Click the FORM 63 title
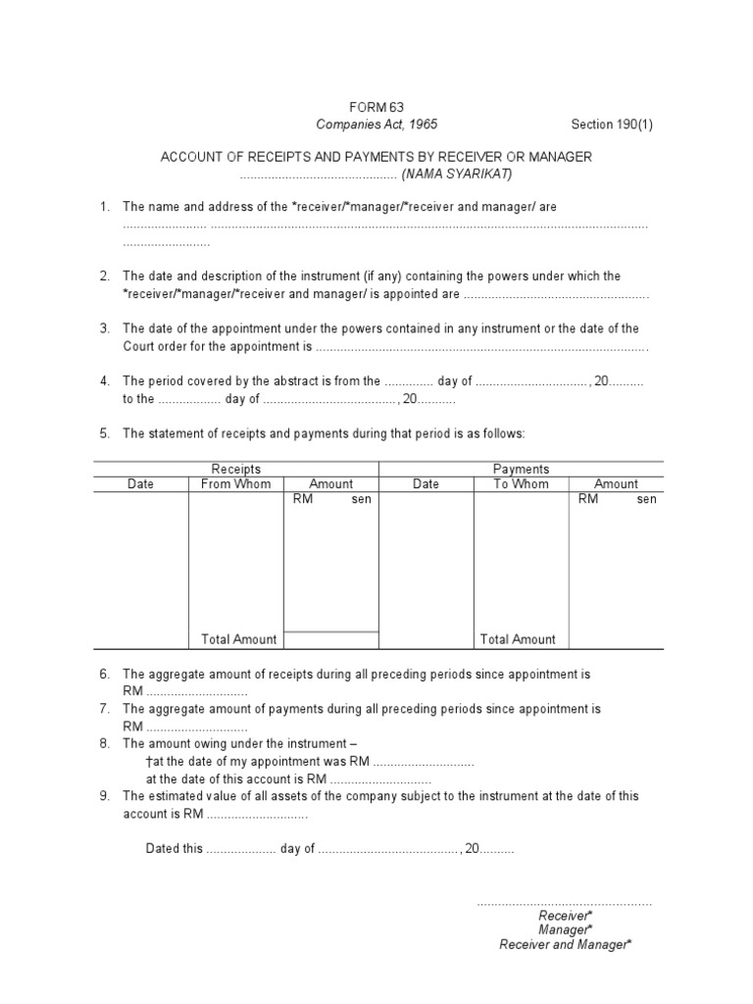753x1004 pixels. (376, 107)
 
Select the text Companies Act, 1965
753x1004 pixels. (376, 125)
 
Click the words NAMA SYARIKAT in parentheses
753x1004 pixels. (456, 174)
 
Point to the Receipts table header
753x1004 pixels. (236, 469)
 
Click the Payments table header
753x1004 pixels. (521, 469)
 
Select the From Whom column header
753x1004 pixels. (236, 483)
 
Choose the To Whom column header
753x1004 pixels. (521, 483)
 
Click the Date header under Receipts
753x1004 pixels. (140, 483)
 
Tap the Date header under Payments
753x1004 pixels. (426, 483)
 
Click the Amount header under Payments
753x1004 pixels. (616, 483)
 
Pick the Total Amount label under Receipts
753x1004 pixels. (239, 639)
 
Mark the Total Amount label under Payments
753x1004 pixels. (518, 639)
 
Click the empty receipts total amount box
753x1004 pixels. (330, 640)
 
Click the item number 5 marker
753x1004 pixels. (104, 432)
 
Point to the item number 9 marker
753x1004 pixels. (104, 796)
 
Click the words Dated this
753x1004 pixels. (174, 849)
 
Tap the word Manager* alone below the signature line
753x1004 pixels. (565, 929)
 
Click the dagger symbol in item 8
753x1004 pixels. (148, 761)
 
